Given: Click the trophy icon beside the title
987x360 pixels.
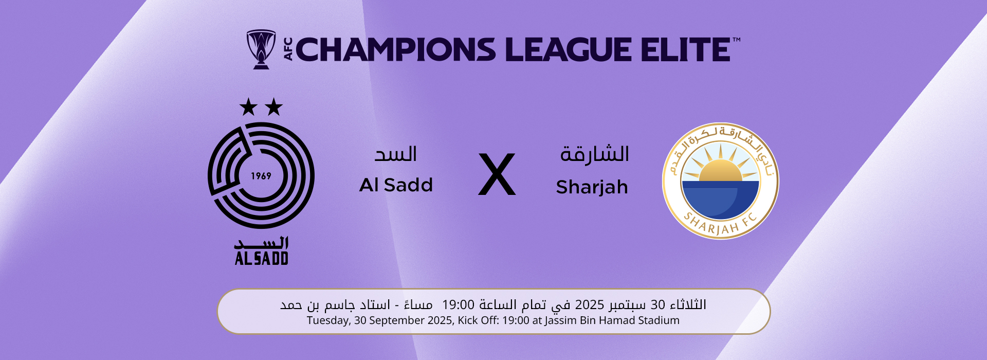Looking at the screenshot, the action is coord(261,49).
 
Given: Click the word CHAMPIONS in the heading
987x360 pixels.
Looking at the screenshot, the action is coord(396,50).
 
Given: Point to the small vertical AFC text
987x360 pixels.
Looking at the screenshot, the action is coord(288,49).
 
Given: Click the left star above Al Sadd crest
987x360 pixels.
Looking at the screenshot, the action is coord(248,107).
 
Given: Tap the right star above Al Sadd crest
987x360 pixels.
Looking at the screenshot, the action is coord(274,107).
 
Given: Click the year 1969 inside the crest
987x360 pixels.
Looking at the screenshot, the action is coord(261,176).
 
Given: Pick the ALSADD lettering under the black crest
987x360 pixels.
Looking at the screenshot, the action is coord(261,258).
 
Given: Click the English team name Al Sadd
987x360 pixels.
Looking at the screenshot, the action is coord(396,185).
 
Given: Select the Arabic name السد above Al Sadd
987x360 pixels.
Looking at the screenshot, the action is coord(396,154).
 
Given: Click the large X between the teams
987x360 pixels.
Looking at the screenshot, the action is coord(497,174).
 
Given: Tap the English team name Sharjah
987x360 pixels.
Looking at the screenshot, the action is coord(592,187).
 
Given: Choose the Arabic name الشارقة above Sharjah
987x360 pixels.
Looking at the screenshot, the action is coord(595,154).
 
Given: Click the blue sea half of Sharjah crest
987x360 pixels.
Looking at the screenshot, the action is coord(720,200).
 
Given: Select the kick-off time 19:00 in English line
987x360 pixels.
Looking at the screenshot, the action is coord(516,320).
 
